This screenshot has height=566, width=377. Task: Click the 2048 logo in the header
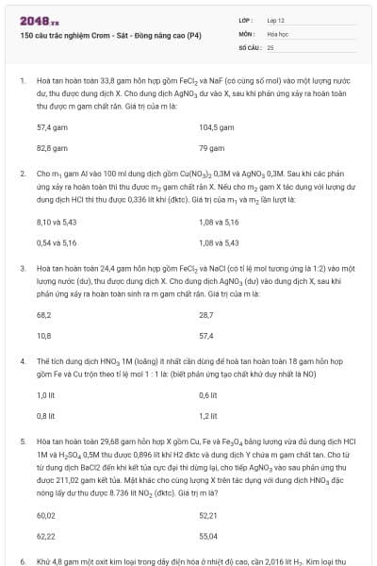click(39, 20)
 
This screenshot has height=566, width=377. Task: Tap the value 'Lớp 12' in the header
click(275, 20)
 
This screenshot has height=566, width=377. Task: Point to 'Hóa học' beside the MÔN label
click(277, 33)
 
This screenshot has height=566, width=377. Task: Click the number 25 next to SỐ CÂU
click(270, 46)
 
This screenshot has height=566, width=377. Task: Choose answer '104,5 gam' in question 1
click(218, 126)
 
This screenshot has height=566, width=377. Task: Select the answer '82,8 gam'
click(50, 148)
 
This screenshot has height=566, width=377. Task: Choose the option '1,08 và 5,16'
click(219, 222)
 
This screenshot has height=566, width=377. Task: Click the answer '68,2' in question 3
click(43, 314)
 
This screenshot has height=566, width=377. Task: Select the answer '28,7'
click(206, 314)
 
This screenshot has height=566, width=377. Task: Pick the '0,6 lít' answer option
click(209, 395)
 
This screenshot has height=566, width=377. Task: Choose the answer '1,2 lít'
click(209, 416)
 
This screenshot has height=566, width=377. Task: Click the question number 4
click(22, 361)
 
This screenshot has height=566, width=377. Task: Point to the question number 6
click(22, 561)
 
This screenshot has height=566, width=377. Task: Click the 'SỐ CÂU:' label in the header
click(249, 46)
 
